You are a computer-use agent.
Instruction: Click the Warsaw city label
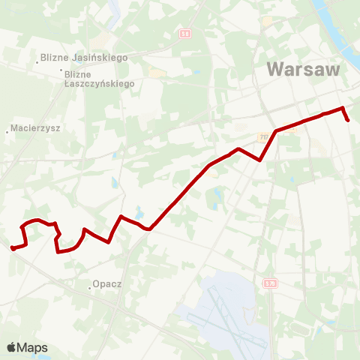click(x=303, y=70)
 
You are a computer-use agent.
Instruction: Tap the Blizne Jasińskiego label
click(x=85, y=57)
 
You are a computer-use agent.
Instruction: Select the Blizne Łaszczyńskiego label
click(x=100, y=79)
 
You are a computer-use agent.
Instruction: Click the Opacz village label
click(x=106, y=285)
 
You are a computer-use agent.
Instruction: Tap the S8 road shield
click(x=185, y=34)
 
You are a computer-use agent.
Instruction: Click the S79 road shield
click(x=270, y=283)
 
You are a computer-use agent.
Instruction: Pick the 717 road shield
click(x=264, y=138)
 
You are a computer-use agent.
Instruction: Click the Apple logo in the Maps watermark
click(x=12, y=347)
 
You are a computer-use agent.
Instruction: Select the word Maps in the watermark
click(x=33, y=348)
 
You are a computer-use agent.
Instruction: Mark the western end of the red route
click(x=13, y=248)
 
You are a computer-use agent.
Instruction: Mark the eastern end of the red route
click(x=348, y=119)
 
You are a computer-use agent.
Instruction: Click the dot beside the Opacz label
click(x=88, y=285)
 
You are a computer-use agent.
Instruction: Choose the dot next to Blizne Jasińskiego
click(x=37, y=62)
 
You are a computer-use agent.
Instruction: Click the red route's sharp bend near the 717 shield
click(x=259, y=160)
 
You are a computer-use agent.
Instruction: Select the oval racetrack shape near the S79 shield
click(x=301, y=330)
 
